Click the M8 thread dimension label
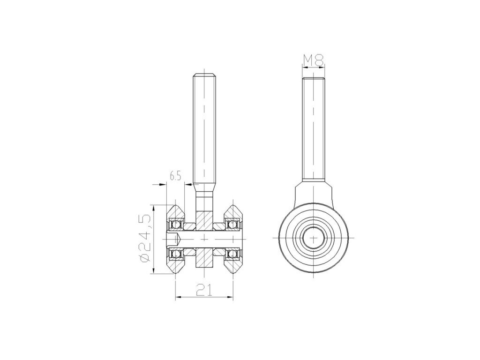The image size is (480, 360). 313,60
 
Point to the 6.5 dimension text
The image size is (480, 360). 175,176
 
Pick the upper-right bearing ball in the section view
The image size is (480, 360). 232,225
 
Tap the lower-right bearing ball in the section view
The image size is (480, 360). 232,254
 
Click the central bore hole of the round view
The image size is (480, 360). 314,238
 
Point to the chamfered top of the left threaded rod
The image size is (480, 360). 205,75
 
